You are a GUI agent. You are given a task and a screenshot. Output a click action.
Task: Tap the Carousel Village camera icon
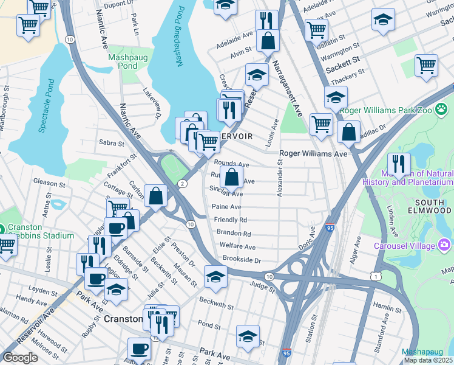(444, 245)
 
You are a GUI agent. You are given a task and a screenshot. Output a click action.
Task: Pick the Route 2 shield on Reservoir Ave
(182, 183)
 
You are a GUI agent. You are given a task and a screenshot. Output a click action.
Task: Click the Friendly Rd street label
(230, 220)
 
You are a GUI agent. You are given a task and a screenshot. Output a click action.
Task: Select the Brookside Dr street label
(241, 260)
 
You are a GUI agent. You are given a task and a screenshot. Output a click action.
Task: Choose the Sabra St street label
(110, 144)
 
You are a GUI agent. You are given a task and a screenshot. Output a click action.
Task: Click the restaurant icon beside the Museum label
(399, 164)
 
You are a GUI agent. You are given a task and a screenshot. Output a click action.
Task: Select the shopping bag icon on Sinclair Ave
(232, 178)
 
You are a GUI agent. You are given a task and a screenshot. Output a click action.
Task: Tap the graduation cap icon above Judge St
(215, 276)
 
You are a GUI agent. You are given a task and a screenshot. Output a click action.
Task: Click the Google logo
(20, 358)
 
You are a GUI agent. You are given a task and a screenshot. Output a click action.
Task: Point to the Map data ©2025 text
(429, 360)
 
